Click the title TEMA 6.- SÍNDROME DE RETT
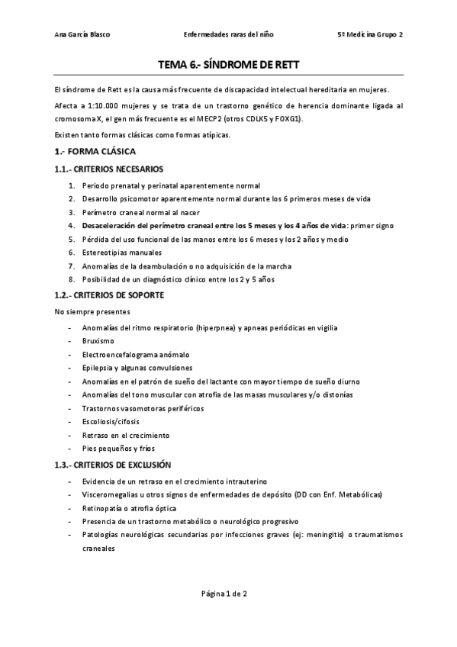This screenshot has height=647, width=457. pyautogui.click(x=228, y=65)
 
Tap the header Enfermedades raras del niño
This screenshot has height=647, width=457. pyautogui.click(x=229, y=34)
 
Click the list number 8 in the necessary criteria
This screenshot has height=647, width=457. pyautogui.click(x=71, y=279)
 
